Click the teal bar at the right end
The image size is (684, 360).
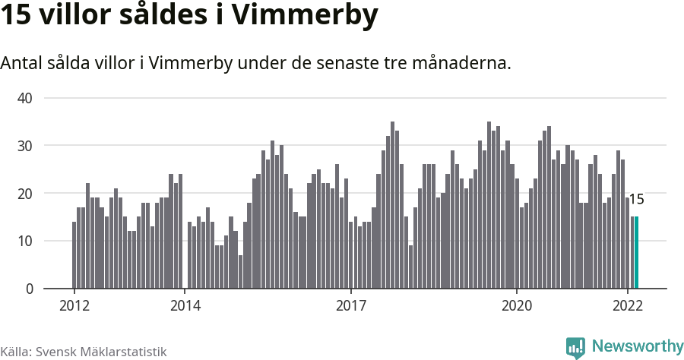(x=637, y=253)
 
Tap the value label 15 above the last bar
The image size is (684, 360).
(x=637, y=200)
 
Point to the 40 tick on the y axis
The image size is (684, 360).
(x=25, y=98)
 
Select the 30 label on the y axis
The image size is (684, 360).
(x=25, y=146)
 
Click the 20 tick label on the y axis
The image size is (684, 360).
(x=25, y=194)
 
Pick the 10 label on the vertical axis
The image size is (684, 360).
(x=25, y=242)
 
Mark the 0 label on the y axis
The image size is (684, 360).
(x=30, y=289)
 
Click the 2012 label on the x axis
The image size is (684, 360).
(x=74, y=306)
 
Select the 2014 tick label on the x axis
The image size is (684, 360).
(x=185, y=306)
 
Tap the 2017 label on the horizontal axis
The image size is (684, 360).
(x=350, y=306)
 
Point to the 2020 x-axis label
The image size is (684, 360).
(x=517, y=306)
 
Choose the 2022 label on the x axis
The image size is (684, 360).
(x=628, y=306)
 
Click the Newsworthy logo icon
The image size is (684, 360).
(x=575, y=347)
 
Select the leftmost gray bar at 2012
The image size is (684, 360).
(x=74, y=255)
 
